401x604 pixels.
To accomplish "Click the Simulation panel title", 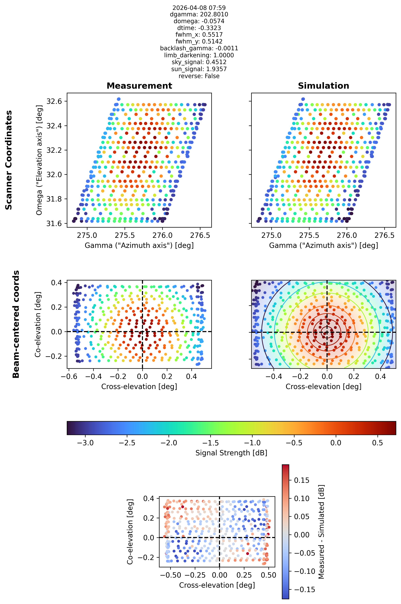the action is point(323,86).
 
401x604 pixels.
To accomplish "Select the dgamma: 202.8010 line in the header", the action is point(199,14).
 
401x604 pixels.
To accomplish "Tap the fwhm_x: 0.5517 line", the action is point(199,35).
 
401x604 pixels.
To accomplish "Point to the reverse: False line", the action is point(199,76).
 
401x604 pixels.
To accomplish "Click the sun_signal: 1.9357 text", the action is point(199,69).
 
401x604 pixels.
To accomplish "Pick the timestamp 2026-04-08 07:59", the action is point(199,8).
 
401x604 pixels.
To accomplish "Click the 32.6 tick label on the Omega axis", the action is point(54,101).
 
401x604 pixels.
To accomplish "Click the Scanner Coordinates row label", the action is point(9,160).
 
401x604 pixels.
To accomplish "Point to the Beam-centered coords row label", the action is point(16,324).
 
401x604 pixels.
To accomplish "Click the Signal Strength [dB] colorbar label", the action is point(231,453).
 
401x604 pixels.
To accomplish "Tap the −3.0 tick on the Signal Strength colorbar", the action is point(85,443).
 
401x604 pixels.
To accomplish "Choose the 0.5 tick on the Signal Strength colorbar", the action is point(377,443).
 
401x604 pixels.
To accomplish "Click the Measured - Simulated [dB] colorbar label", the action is point(321,532).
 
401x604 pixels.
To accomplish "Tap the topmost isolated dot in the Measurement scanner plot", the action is point(119,99).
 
